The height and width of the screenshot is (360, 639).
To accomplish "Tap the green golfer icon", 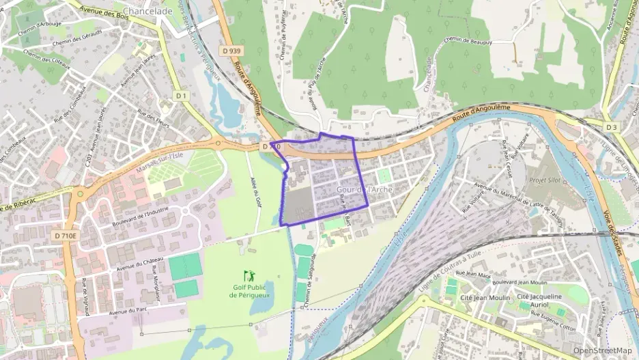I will [x=248, y=275].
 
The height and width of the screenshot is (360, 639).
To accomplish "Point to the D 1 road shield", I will [x=180, y=96].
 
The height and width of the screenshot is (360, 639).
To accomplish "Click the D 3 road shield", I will [x=611, y=127].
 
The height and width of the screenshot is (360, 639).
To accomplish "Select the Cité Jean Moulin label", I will [x=486, y=297].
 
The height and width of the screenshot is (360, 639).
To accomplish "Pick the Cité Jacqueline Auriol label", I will [x=542, y=301].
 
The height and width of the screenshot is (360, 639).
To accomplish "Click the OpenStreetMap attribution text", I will [x=602, y=350].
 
